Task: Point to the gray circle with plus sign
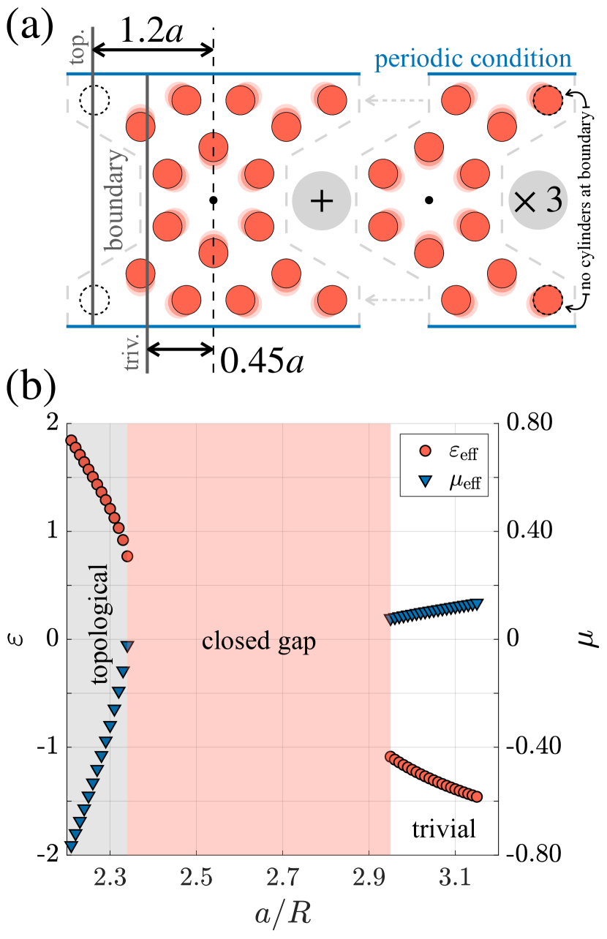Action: click(x=321, y=201)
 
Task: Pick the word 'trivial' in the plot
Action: click(x=444, y=829)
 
